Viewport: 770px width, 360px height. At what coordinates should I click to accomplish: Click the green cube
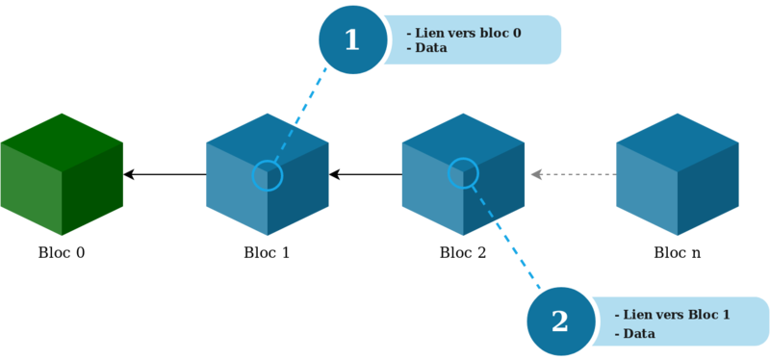pos(63,175)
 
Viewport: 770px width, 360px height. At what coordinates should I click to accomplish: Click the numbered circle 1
pos(351,40)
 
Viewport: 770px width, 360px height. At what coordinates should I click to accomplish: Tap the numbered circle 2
pos(560,321)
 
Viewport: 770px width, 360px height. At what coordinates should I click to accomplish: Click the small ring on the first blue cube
pos(268,175)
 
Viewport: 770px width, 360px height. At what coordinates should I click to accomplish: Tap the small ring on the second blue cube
pos(463,172)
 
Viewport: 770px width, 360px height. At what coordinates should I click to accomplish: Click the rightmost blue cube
pos(678,175)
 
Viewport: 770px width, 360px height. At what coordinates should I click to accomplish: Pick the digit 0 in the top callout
pos(516,33)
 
